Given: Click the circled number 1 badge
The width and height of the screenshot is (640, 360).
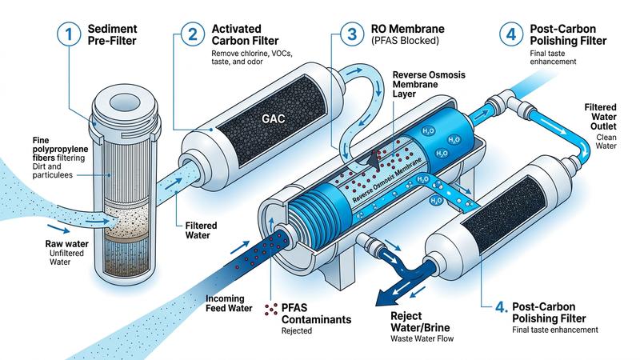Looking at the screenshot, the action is [69, 34].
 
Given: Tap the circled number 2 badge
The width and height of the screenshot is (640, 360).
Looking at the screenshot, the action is [192, 34].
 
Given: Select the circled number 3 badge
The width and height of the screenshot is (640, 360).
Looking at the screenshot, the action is [352, 34].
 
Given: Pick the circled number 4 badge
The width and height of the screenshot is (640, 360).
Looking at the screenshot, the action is [511, 34].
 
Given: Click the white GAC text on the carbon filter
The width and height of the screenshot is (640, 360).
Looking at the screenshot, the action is [273, 118].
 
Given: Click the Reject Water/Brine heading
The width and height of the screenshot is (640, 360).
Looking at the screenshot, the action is [420, 322].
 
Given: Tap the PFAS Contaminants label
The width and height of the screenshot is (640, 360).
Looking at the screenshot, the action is [316, 314].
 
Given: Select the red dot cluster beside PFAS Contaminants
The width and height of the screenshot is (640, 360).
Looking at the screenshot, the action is [270, 310].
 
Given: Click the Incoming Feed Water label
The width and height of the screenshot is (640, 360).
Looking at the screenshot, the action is [229, 304].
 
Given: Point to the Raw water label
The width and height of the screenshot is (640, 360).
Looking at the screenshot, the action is [66, 244].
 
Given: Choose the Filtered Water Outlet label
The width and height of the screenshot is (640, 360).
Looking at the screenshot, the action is [600, 117].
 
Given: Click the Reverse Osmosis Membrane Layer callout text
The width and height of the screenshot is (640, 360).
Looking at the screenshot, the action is [429, 85].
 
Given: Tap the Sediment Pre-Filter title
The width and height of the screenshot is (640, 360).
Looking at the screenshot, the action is [112, 34].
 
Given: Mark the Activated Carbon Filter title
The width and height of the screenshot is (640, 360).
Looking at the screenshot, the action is [245, 34].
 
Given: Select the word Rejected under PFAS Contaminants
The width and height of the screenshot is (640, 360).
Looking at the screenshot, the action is [297, 330].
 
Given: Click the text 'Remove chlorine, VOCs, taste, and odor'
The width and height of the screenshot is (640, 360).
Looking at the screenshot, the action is [252, 58].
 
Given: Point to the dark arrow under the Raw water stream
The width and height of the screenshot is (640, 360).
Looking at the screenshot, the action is [58, 229].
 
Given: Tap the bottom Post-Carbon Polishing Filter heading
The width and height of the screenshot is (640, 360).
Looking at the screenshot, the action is [549, 313].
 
